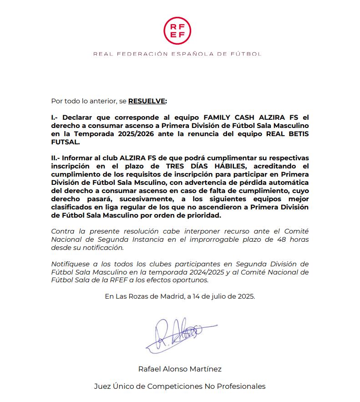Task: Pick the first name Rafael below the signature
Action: pyautogui.click(x=150, y=369)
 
